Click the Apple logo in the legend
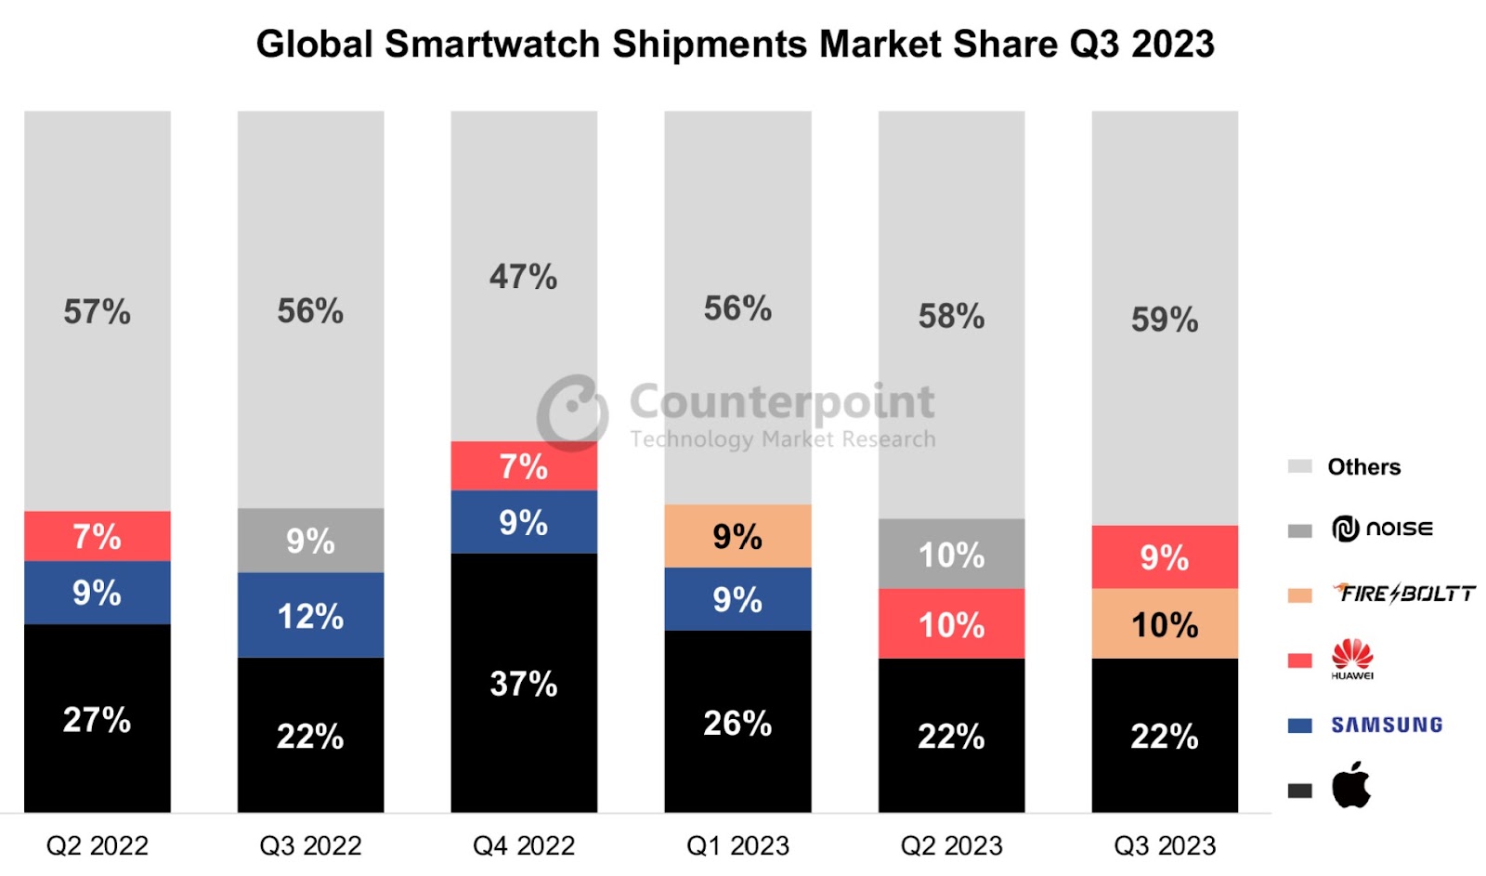[1351, 786]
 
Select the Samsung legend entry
[1386, 725]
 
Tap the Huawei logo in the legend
[1352, 658]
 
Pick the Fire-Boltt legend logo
[1404, 593]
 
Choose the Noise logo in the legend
[1382, 529]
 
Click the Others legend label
[1363, 467]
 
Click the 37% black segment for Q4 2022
[524, 684]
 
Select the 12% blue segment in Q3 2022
[310, 616]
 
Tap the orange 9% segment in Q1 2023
[737, 536]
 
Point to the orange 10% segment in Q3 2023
[1165, 624]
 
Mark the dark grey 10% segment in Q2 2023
[951, 555]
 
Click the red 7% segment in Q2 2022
[97, 536]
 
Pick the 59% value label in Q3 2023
[1165, 320]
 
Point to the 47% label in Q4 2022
[524, 277]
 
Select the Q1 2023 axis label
[737, 845]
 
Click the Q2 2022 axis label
[97, 845]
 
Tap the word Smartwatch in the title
[493, 44]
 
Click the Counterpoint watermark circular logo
[572, 412]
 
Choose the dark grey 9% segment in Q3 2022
[310, 541]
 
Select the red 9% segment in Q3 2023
[1165, 557]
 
